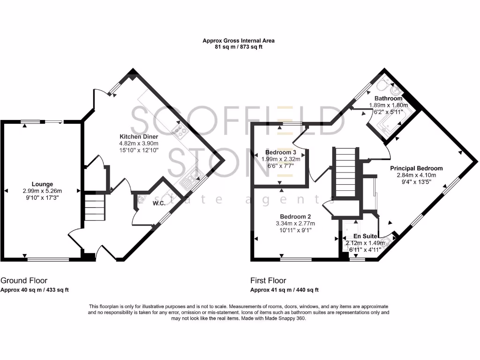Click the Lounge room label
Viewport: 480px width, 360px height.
click(42, 184)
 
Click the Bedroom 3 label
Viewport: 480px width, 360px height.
click(281, 153)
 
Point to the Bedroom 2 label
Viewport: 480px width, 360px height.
click(295, 217)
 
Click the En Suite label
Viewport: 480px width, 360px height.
click(364, 236)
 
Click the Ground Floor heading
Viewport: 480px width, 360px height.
click(24, 281)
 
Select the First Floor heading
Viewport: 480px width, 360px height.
click(268, 281)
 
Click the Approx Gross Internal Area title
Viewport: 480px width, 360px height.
click(238, 41)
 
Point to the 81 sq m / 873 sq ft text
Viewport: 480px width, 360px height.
click(238, 47)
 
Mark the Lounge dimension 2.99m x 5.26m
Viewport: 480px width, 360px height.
click(42, 191)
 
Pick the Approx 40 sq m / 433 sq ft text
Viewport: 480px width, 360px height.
click(35, 290)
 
